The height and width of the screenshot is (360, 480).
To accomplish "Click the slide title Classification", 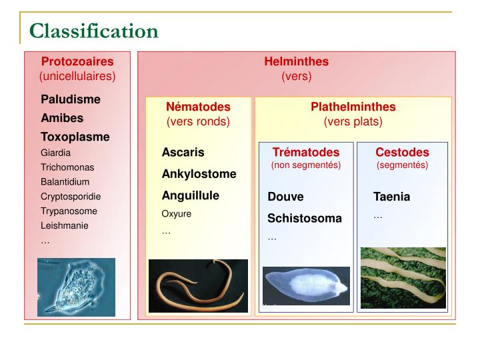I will [x=93, y=31].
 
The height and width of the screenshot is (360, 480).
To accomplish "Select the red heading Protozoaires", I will [x=77, y=61].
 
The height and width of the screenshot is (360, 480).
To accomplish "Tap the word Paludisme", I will [x=71, y=99].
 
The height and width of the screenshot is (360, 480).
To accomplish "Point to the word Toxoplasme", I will [x=75, y=137].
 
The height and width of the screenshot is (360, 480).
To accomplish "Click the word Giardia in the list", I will [x=55, y=153].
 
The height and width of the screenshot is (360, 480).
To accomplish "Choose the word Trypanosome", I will [x=69, y=211].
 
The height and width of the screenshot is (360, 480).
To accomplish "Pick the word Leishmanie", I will [x=64, y=225].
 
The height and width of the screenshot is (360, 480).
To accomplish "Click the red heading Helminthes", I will [x=296, y=61].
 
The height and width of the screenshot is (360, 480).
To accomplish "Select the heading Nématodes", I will [x=198, y=107].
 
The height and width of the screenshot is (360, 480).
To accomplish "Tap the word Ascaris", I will [x=183, y=152].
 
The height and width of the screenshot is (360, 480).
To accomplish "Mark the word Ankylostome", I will [x=199, y=174].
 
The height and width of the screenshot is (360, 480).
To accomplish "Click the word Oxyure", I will [x=177, y=214].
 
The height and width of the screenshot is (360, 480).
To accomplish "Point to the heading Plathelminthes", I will [x=353, y=107].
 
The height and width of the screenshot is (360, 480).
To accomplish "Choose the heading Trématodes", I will [x=305, y=152].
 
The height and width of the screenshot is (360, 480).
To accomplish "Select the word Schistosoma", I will [x=304, y=218].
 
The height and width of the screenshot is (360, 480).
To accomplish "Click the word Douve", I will [x=285, y=197].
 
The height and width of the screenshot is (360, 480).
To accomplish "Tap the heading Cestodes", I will [x=402, y=152].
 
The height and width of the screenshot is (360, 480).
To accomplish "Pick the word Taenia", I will [x=391, y=197].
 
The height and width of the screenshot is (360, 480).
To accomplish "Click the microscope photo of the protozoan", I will [x=76, y=287].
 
